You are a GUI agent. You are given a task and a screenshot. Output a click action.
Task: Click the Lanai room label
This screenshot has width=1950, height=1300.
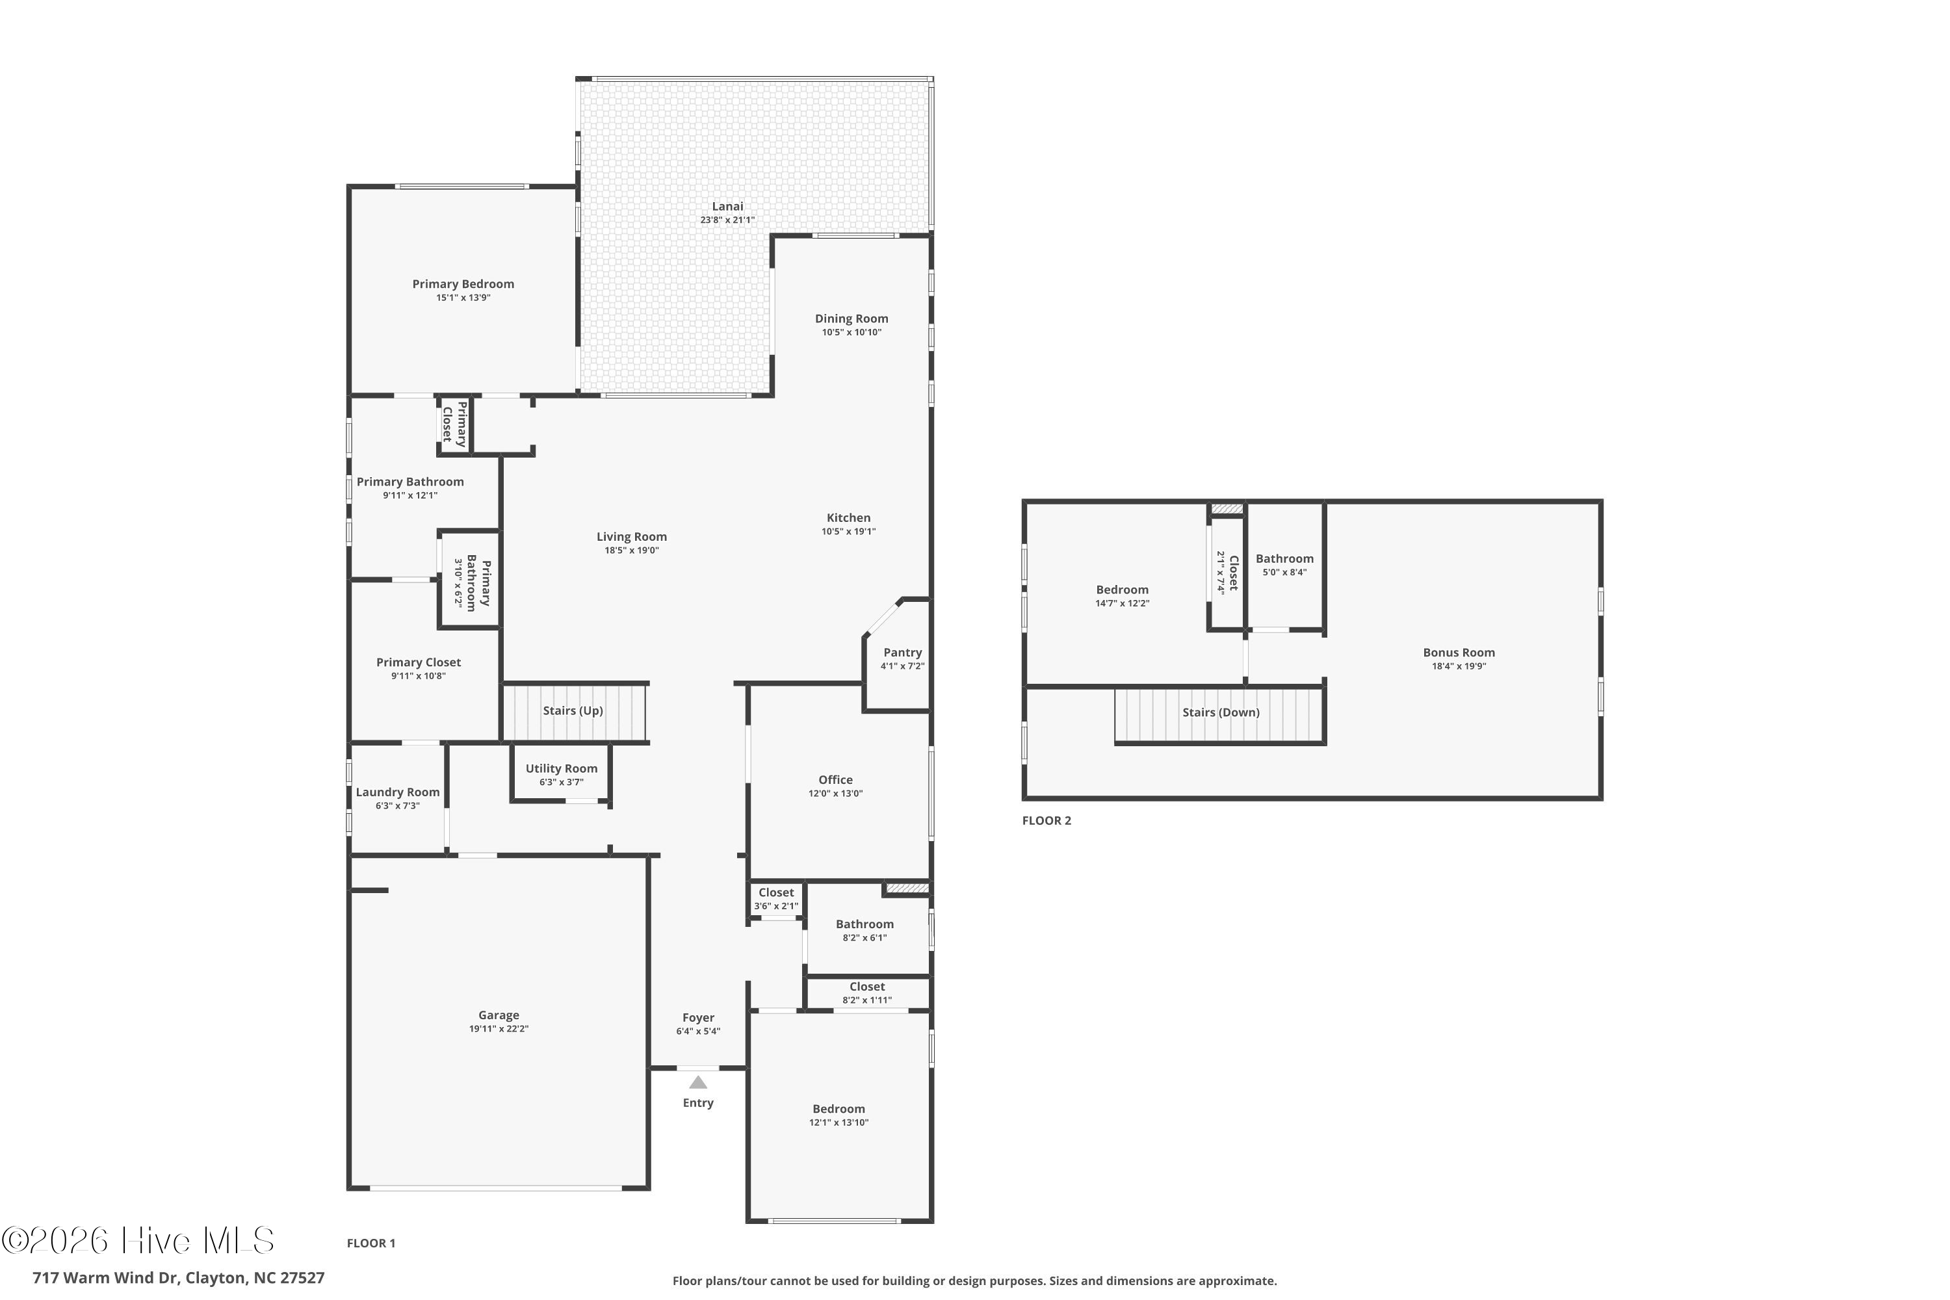(x=727, y=207)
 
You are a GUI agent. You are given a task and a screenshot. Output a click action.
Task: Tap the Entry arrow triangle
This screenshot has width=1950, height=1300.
(x=698, y=1082)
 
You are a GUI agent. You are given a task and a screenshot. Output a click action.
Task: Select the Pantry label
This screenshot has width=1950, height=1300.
(x=902, y=653)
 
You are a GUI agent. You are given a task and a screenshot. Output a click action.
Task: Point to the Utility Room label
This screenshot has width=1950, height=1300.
(x=562, y=768)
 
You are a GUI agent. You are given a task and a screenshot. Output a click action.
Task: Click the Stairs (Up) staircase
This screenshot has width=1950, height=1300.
(x=575, y=711)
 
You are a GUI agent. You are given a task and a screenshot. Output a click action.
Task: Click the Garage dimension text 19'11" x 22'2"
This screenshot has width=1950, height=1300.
(x=499, y=1029)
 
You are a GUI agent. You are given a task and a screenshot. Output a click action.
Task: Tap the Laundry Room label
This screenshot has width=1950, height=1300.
(x=397, y=792)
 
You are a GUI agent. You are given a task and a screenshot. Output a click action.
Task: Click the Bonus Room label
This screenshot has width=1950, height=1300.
(x=1459, y=653)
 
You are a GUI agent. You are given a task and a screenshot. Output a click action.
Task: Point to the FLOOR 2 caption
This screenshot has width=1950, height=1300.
(x=1046, y=821)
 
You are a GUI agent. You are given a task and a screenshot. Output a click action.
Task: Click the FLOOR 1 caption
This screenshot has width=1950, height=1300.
(x=370, y=1243)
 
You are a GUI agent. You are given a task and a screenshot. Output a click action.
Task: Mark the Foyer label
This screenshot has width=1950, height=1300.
(x=698, y=1017)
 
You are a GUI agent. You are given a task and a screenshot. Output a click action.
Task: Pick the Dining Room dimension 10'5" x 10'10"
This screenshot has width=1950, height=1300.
(x=851, y=332)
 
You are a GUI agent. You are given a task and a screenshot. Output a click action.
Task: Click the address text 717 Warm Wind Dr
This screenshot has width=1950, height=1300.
(x=105, y=1278)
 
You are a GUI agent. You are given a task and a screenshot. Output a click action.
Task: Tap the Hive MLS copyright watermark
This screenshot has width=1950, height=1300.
(x=138, y=1240)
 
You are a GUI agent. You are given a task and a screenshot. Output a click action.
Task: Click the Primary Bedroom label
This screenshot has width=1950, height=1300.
(x=463, y=283)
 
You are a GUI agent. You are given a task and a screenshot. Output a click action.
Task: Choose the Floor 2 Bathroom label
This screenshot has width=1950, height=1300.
(x=1284, y=559)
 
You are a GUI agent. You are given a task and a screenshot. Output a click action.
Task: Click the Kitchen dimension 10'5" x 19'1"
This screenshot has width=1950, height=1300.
(x=848, y=532)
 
